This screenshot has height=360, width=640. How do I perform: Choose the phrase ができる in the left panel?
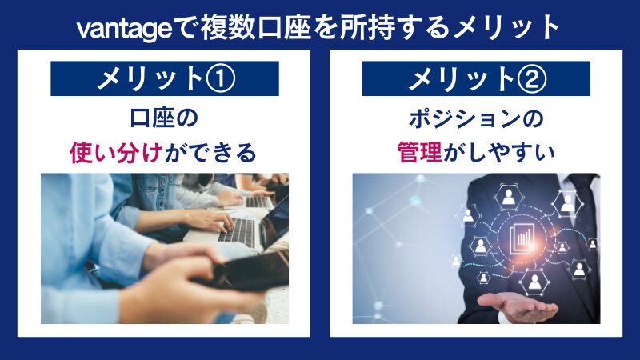click(210, 151)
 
